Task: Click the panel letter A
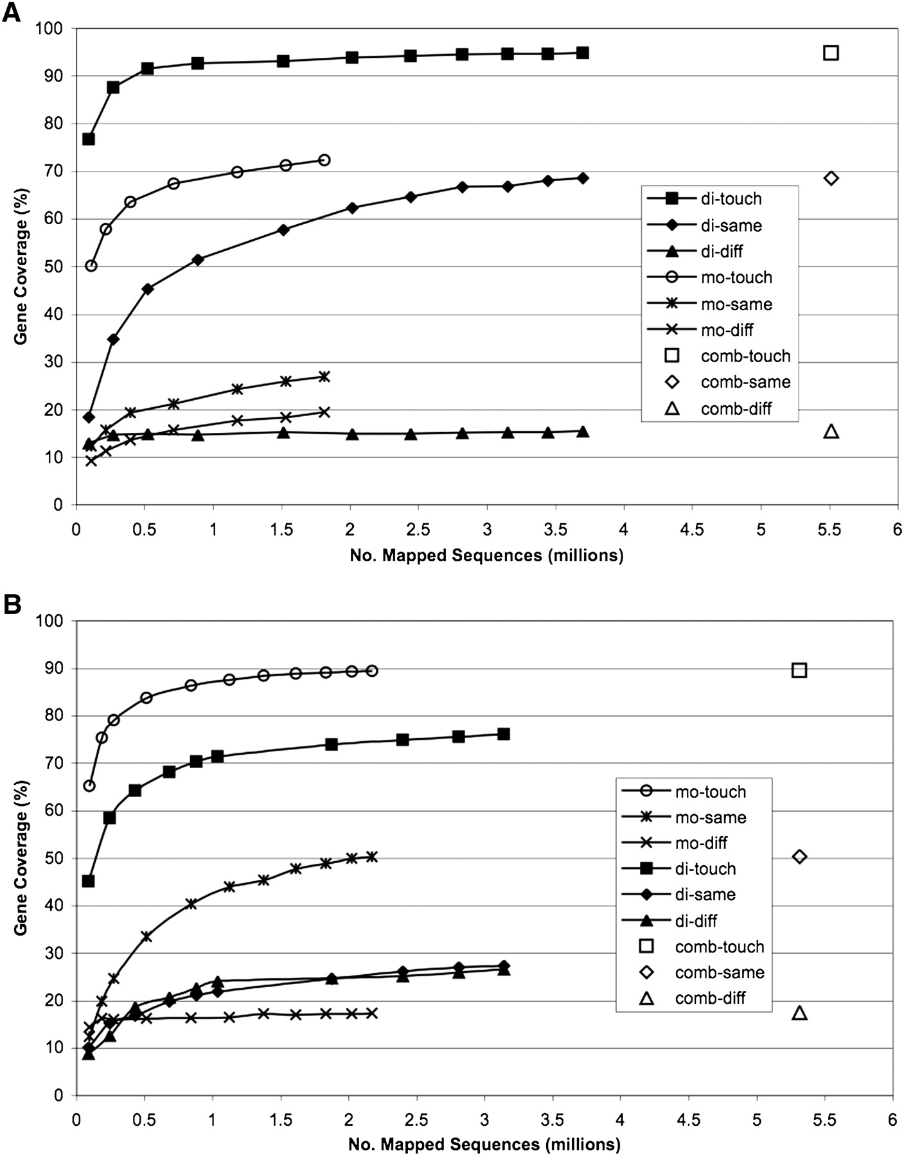point(11,12)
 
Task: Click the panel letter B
point(11,605)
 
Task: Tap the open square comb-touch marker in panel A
point(831,53)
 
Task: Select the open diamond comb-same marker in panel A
point(831,178)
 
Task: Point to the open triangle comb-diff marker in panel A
point(831,431)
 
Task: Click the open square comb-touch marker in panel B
point(799,670)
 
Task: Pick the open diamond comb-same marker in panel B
point(799,856)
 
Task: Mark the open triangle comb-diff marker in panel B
point(799,1013)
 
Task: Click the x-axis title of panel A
point(486,555)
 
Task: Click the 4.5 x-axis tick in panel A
point(693,530)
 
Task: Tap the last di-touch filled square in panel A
point(582,53)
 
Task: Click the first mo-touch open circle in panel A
point(91,265)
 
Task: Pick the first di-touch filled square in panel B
point(89,880)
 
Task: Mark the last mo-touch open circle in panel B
point(371,670)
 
